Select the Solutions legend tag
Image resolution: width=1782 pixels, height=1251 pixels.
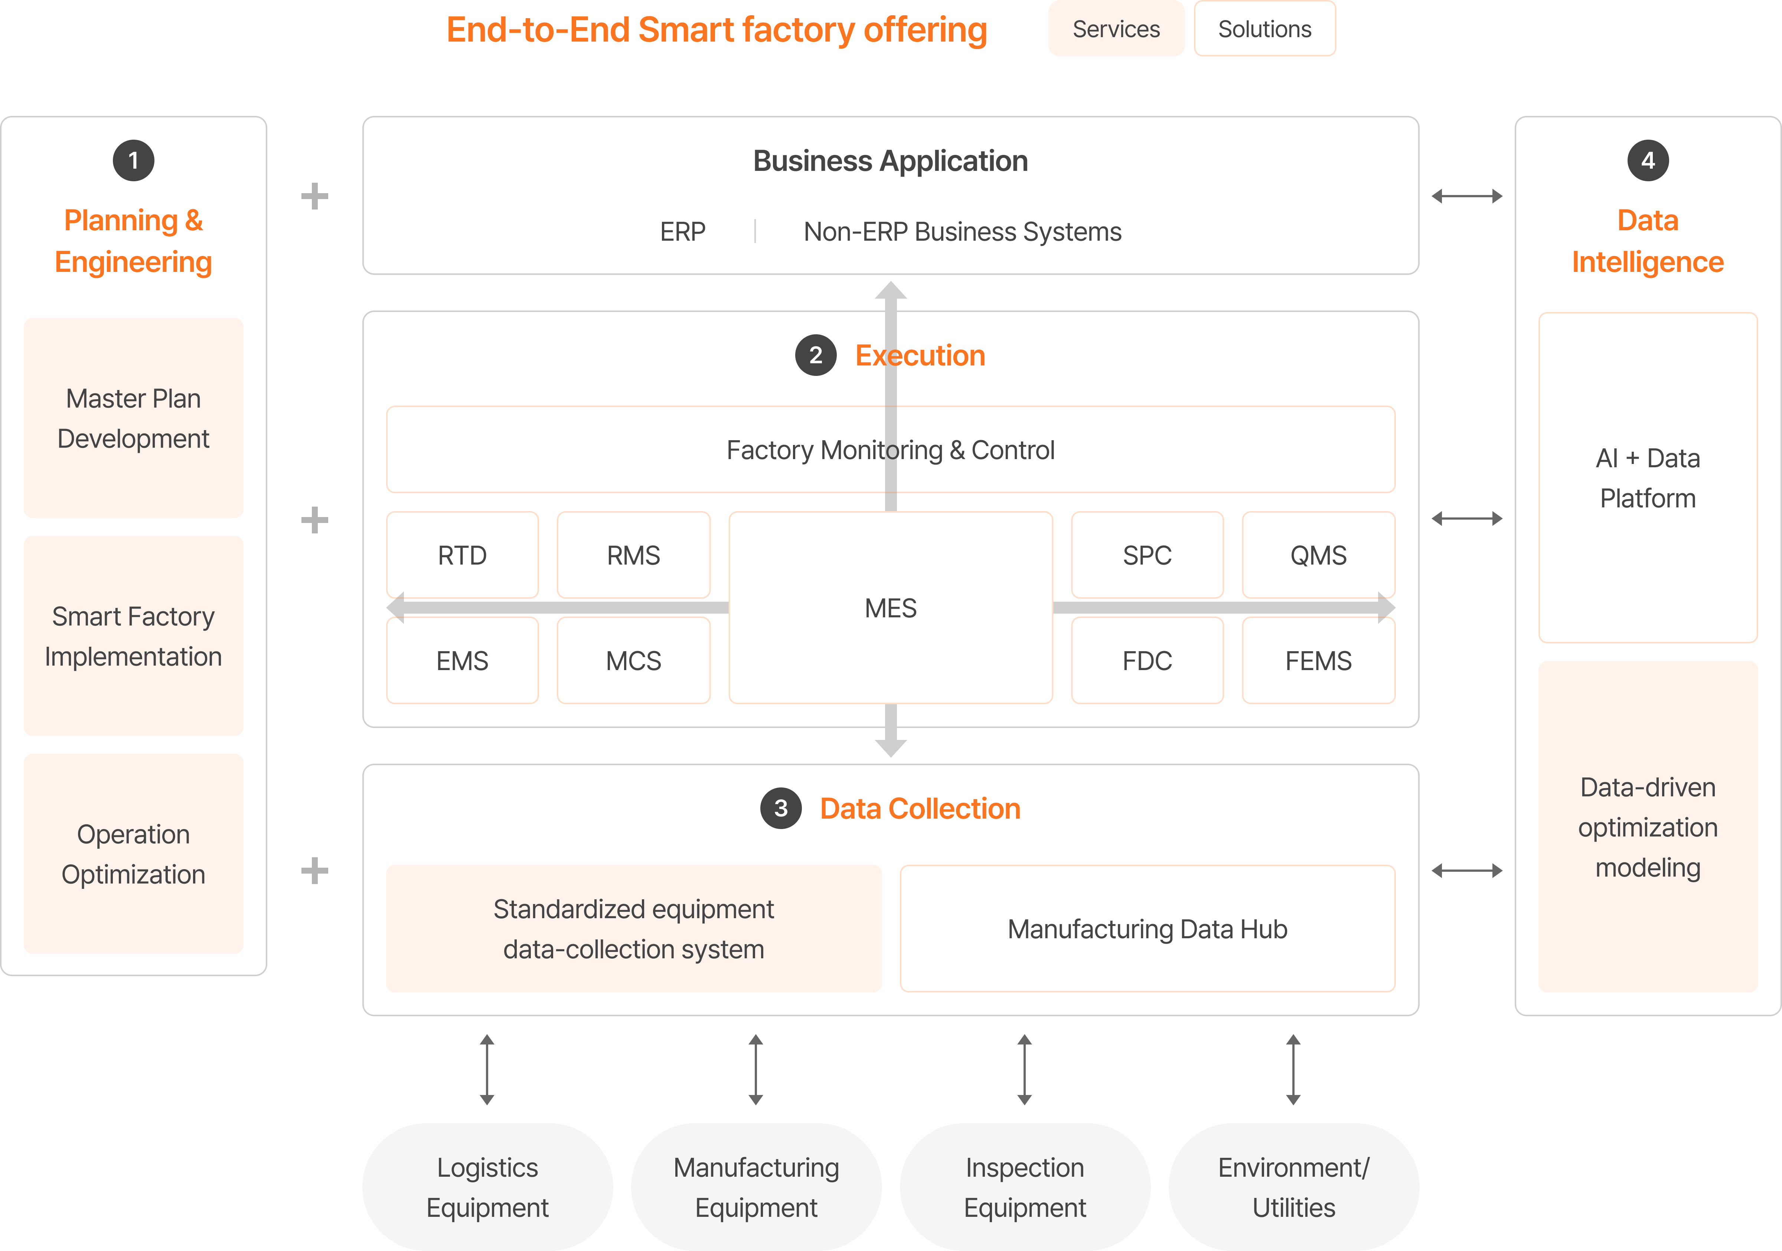[x=1264, y=29]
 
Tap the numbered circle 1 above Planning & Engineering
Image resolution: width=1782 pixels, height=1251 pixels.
[x=134, y=161]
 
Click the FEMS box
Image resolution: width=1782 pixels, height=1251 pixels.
[x=1318, y=661]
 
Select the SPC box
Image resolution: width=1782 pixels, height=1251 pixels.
[x=1146, y=555]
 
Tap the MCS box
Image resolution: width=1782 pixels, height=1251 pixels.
[x=633, y=661]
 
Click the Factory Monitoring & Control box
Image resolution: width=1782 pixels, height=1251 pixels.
[x=890, y=449]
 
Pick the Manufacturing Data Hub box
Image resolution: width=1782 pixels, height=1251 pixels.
[x=1147, y=929]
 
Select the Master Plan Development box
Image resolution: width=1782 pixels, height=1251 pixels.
[x=134, y=418]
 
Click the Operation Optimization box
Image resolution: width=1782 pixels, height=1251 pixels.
[x=134, y=854]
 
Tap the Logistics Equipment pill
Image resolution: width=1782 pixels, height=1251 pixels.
[x=487, y=1186]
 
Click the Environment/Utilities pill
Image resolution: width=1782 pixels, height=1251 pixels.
[x=1293, y=1186]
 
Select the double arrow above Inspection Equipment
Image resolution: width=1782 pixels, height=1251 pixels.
[x=1025, y=1069]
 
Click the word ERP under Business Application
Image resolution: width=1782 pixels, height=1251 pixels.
[x=682, y=231]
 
